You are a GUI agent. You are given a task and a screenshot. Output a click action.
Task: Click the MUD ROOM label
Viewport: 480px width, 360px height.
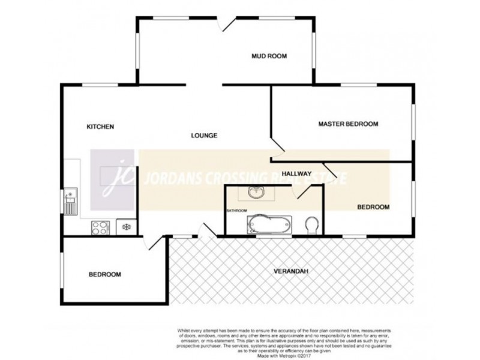click(x=269, y=56)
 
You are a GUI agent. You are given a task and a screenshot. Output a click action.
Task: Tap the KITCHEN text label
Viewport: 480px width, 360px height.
click(x=100, y=127)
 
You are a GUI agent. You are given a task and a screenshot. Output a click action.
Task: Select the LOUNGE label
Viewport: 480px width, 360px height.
click(x=204, y=136)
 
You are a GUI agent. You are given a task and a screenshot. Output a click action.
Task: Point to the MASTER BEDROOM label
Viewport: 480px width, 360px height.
click(x=348, y=124)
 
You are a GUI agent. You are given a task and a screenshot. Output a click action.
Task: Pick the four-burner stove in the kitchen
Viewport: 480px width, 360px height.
click(x=99, y=227)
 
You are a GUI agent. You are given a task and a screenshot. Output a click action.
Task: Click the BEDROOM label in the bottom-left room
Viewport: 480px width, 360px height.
click(x=105, y=275)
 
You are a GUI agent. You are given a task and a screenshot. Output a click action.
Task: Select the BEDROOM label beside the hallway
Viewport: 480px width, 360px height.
click(x=373, y=207)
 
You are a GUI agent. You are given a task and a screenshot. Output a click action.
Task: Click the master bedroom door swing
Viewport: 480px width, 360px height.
click(x=277, y=146)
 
